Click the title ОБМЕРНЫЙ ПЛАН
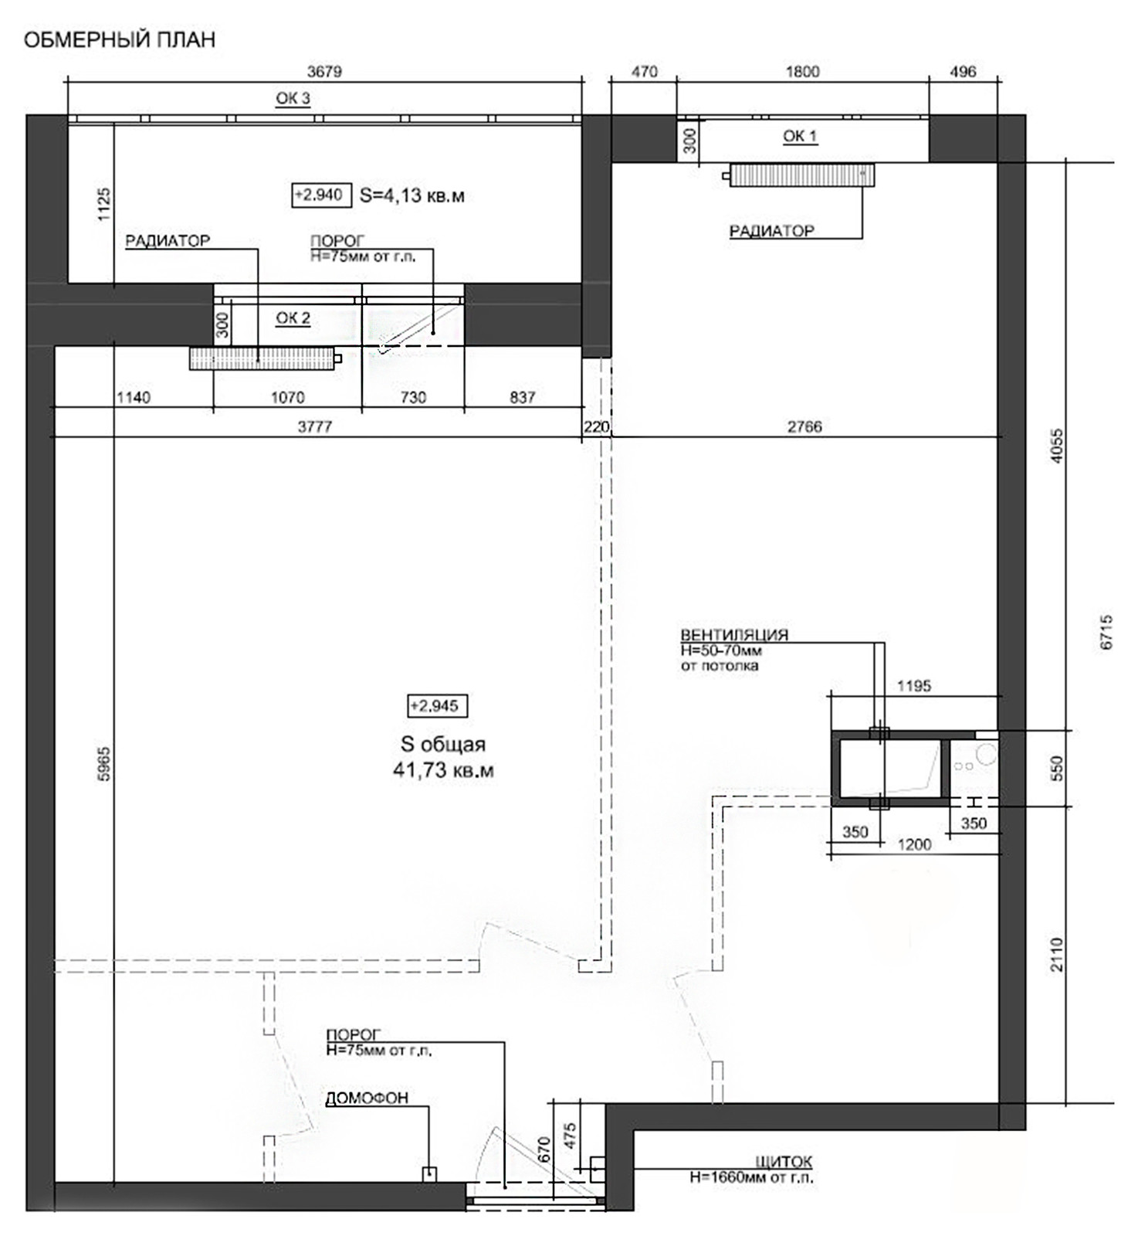120,40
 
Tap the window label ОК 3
293,98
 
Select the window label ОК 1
800,136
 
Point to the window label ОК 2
293,318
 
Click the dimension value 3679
324,72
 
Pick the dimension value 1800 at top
802,72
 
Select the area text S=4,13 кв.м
412,195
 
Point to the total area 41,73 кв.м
443,770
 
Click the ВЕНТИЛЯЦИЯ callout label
734,635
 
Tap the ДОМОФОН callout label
367,1098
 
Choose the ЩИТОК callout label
784,1162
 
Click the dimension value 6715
1106,632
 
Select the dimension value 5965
104,764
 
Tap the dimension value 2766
804,426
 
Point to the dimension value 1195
914,685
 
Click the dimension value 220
597,426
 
